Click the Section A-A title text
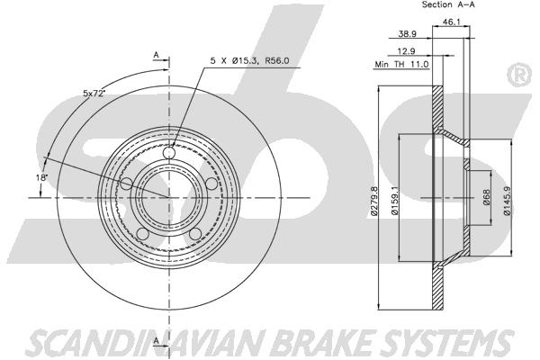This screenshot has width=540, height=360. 448,4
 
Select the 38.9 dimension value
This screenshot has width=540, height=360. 408,34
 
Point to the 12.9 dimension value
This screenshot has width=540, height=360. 406,51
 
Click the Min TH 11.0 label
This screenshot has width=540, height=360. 401,64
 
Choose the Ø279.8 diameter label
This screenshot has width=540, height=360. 374,202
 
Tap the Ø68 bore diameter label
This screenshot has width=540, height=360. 486,198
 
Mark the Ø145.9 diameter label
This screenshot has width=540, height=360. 506,201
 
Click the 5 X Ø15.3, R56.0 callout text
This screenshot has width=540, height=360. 249,61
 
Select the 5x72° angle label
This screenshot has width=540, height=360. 94,94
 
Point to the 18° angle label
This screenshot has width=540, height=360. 41,178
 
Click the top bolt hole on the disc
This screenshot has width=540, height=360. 169,152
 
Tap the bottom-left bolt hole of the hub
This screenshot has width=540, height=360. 142,234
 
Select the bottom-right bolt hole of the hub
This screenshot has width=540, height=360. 195,234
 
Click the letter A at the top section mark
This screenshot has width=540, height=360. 156,55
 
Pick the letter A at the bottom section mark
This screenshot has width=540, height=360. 156,341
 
